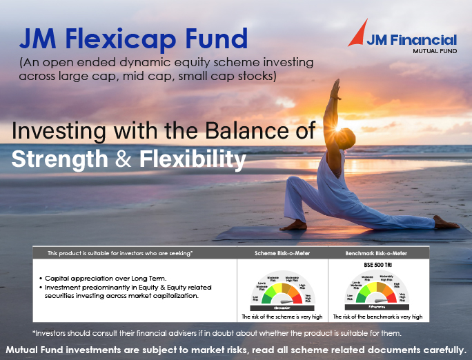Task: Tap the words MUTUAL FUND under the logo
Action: [x=431, y=52]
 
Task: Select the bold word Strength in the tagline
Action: [x=59, y=159]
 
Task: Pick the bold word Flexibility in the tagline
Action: [x=193, y=159]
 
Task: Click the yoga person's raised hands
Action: [x=337, y=86]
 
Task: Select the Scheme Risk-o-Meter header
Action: [x=282, y=253]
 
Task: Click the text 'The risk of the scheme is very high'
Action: [x=282, y=317]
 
